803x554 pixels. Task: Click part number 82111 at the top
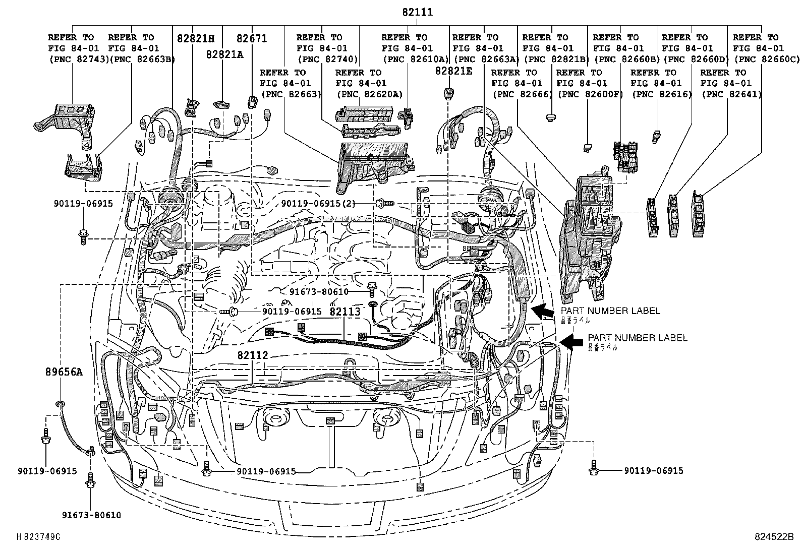click(418, 12)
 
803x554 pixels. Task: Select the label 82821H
click(196, 38)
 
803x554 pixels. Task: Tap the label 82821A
click(224, 54)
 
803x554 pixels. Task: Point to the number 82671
click(252, 38)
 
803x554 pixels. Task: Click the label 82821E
click(454, 71)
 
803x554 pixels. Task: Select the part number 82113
click(345, 312)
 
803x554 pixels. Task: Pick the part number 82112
click(253, 355)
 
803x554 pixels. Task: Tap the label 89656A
click(63, 373)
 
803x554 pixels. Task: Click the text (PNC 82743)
click(79, 59)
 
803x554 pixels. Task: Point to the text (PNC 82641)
click(731, 94)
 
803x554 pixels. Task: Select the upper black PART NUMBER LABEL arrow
click(543, 312)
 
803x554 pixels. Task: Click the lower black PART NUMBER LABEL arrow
click(571, 342)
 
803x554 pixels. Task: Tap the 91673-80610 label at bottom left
click(91, 515)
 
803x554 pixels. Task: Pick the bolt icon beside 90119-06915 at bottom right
click(594, 469)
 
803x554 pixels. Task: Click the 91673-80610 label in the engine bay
click(319, 292)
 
